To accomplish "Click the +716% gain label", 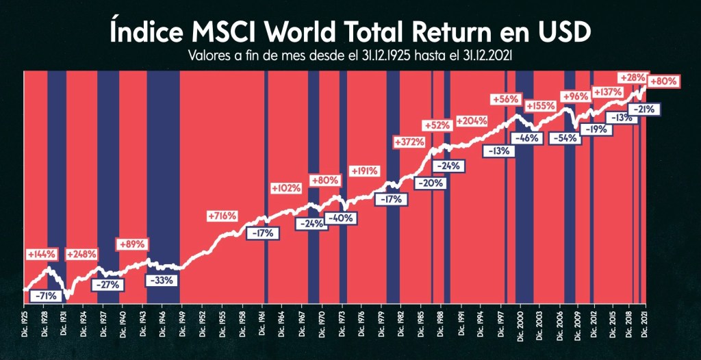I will click(222, 216).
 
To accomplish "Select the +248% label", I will click(81, 255).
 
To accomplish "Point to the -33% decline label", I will click(162, 280).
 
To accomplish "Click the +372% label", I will click(409, 142).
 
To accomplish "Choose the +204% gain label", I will click(471, 121).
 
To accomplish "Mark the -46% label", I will click(528, 138).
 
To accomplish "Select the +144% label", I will click(40, 255).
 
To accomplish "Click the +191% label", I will click(364, 171).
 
